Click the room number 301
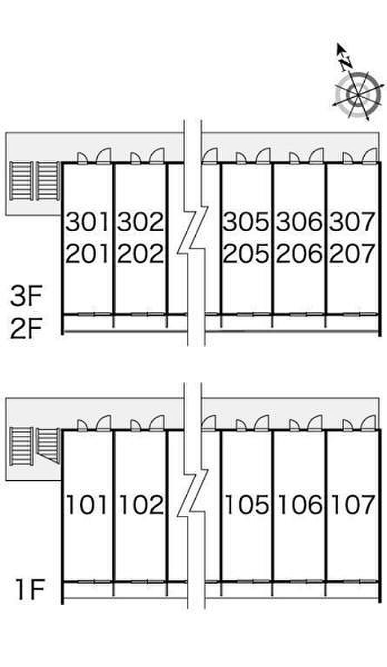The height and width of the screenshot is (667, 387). [87, 222]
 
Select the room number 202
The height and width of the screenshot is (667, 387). [140, 254]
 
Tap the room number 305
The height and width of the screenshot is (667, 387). [246, 222]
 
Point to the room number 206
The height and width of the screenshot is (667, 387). [300, 254]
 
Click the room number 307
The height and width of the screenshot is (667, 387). [352, 222]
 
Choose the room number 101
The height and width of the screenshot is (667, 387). [87, 505]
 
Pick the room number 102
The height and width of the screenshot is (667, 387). [140, 505]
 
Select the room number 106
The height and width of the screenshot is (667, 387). [300, 505]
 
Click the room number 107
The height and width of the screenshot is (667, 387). [353, 505]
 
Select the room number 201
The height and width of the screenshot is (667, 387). [87, 254]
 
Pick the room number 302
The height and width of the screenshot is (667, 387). [140, 222]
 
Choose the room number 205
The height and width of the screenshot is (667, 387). [246, 254]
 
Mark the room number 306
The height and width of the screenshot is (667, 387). [300, 222]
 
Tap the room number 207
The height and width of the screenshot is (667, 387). [352, 254]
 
